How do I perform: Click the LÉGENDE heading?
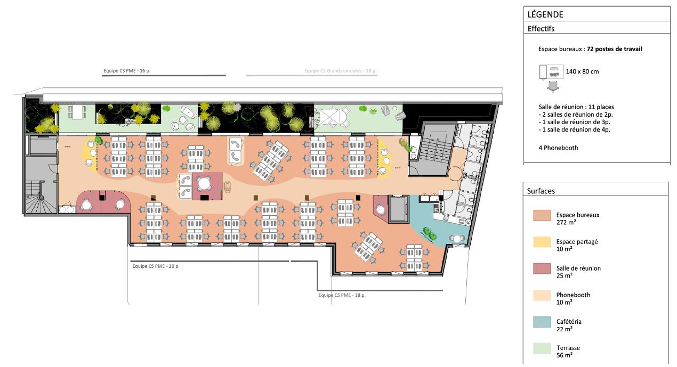(x=545, y=15)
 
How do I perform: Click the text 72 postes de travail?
(x=614, y=49)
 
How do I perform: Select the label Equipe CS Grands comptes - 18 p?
(x=340, y=70)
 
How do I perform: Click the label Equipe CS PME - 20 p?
(x=156, y=266)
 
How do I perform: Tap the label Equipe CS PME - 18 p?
(x=342, y=295)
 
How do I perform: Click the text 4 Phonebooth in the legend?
(x=558, y=148)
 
